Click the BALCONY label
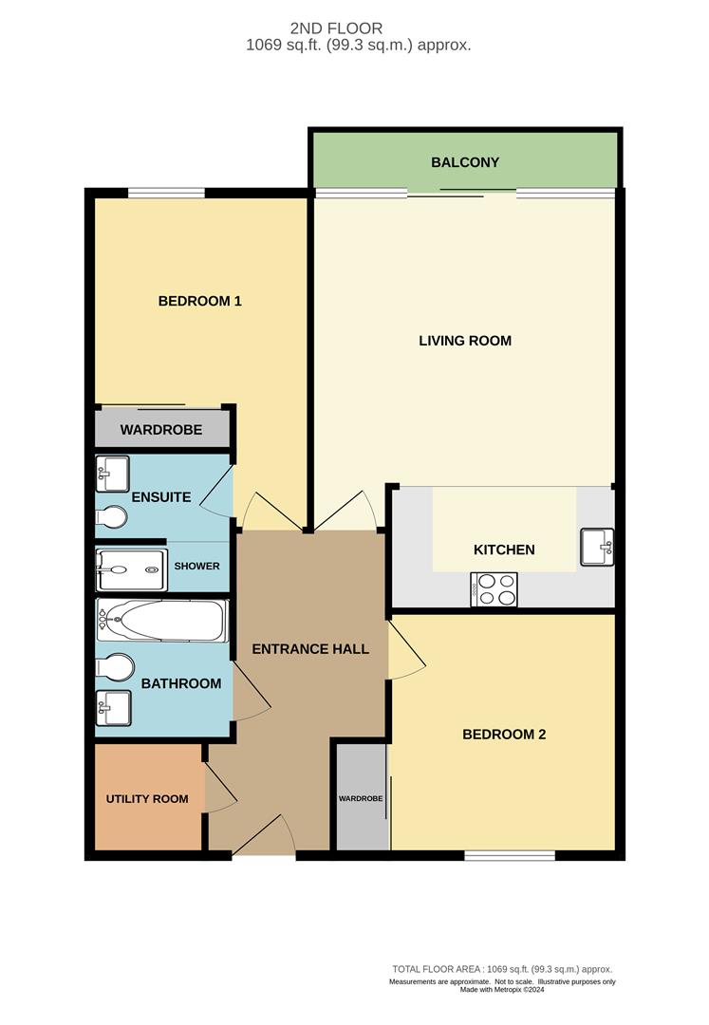point(465,162)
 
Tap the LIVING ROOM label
point(465,340)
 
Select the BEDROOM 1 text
point(199,301)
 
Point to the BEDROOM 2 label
point(504,734)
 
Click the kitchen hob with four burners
point(494,589)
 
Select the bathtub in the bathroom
point(162,622)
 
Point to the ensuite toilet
point(112,517)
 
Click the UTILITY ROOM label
point(147,799)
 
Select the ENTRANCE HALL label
point(309,649)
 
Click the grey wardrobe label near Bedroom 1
point(160,430)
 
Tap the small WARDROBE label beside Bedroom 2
point(361,799)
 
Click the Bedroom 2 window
point(510,856)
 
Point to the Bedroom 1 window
point(166,194)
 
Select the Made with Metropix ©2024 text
point(503,990)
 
